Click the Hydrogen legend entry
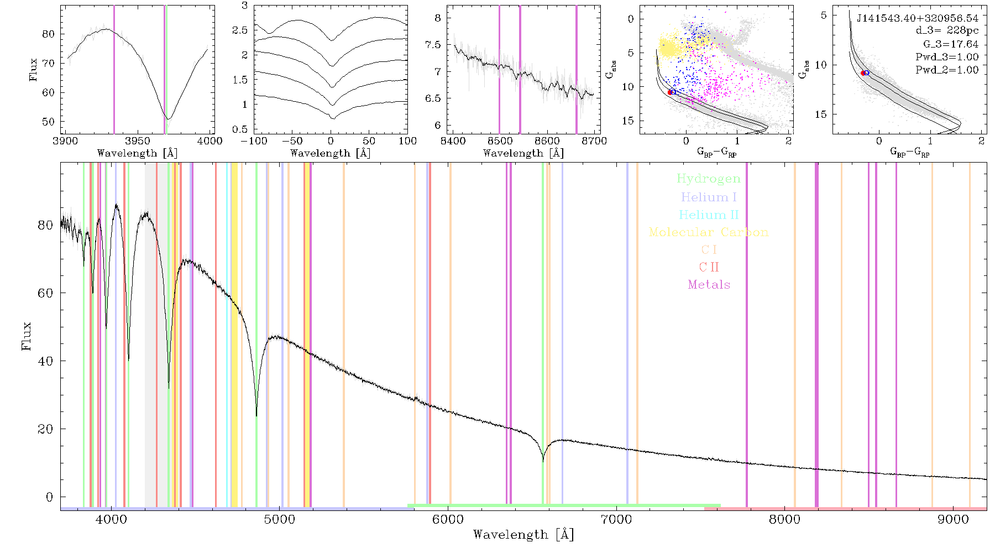708,179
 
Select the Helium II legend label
709,215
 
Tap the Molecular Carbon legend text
709,232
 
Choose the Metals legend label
709,285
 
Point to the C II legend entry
709,267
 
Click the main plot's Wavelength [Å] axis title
523,535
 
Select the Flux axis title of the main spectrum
26,336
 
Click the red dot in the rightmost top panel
863,73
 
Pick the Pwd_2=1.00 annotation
947,70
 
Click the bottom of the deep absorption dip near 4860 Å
256,415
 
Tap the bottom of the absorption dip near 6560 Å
543,461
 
